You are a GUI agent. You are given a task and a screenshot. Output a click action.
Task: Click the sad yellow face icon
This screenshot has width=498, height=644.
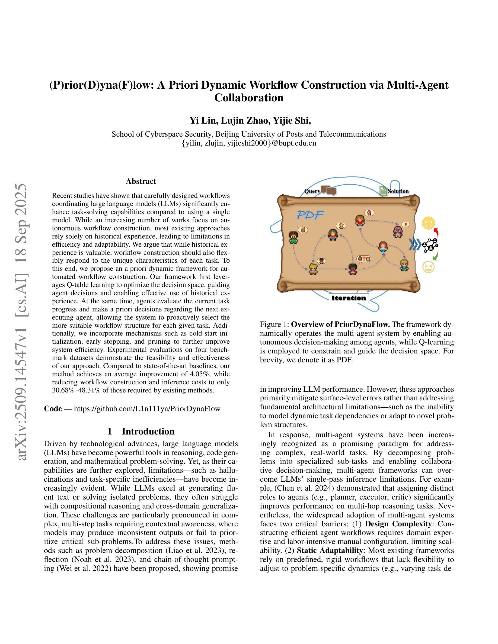point(428,223)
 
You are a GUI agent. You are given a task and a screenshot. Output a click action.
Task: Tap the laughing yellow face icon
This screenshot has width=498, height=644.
point(428,267)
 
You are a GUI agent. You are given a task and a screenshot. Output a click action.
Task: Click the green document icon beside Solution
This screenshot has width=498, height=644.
point(383,191)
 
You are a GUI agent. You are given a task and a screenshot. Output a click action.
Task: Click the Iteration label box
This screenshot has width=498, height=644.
point(349,298)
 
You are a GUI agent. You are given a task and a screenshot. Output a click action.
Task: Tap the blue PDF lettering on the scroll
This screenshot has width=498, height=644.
point(310,215)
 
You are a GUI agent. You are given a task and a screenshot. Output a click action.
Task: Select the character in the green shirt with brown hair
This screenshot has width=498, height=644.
point(293,237)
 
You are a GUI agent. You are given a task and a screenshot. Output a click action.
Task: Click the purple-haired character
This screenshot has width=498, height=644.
point(398,232)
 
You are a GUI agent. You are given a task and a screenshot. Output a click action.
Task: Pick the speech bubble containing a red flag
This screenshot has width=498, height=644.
point(406,224)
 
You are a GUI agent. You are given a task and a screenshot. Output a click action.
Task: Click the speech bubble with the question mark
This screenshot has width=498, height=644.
point(364,259)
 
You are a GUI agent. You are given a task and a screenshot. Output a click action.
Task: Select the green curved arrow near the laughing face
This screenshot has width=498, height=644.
point(436,256)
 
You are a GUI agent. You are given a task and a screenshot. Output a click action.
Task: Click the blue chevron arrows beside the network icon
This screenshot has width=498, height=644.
point(415,245)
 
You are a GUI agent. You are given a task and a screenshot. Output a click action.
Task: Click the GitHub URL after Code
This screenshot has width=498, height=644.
point(147,409)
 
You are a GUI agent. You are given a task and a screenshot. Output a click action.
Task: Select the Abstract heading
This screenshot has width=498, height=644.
point(141,181)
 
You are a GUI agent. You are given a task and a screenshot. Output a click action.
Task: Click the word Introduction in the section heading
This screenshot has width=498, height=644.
point(148,432)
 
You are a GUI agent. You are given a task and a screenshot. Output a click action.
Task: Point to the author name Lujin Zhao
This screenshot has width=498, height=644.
point(245,121)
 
